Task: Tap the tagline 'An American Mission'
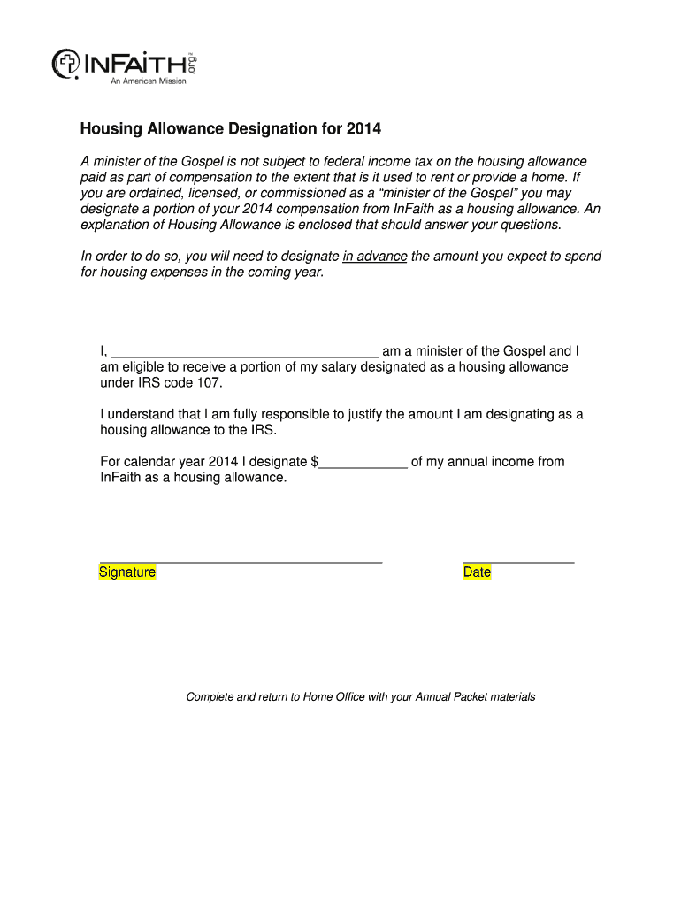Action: (x=148, y=81)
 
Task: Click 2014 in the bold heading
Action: (x=363, y=129)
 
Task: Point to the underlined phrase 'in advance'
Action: (x=375, y=257)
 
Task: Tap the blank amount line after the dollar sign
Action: (x=363, y=462)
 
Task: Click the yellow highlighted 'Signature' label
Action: (x=127, y=572)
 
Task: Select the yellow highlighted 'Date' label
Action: (x=477, y=572)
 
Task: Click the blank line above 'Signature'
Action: (x=241, y=561)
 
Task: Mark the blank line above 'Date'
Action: (x=518, y=561)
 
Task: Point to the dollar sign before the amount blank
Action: (x=315, y=462)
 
